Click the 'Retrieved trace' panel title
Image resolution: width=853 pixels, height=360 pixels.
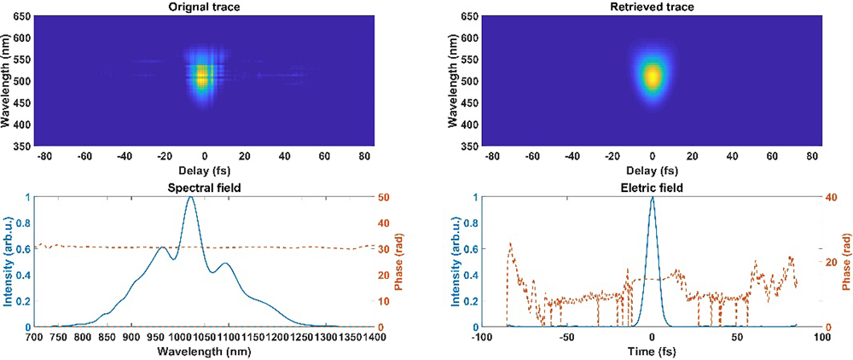click(x=652, y=8)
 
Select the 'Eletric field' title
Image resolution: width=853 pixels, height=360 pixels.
click(x=652, y=188)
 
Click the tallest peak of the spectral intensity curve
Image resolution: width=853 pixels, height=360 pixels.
click(x=190, y=198)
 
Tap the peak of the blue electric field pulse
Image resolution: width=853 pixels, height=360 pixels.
click(x=653, y=198)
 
